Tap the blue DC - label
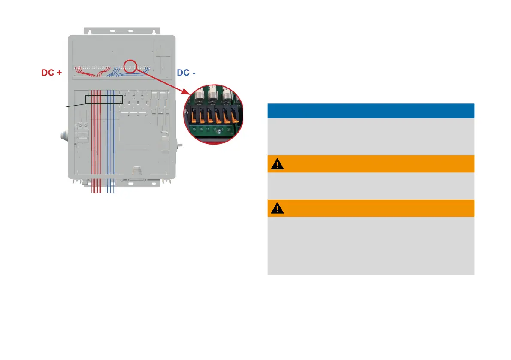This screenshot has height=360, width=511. [x=186, y=73]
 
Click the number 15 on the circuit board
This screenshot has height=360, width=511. [x=194, y=129]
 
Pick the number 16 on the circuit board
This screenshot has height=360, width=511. [x=201, y=129]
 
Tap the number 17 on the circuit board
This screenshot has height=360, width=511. [x=208, y=129]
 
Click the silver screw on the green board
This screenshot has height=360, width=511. [x=219, y=131]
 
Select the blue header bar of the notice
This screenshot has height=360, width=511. [x=370, y=111]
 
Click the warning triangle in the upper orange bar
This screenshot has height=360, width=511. [x=278, y=164]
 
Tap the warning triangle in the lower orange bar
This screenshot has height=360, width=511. [x=278, y=209]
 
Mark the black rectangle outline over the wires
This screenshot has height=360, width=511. [x=104, y=100]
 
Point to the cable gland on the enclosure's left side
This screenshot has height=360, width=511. [x=64, y=138]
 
